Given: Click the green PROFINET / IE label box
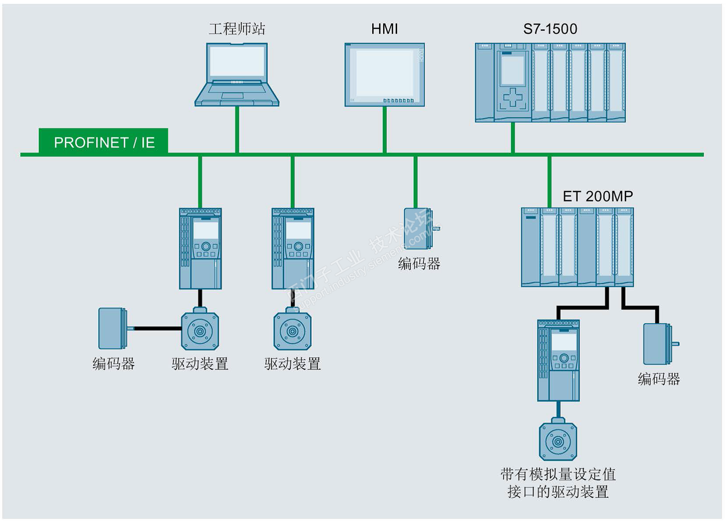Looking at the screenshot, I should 104,141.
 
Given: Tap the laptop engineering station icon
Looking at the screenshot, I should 237,74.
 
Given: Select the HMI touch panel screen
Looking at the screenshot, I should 384,74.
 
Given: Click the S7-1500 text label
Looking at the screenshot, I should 550,29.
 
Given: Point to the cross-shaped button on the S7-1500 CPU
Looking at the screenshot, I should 513,97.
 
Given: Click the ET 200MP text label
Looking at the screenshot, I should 597,196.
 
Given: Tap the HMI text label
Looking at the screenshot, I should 384,29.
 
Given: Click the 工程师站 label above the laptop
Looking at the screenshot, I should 237,29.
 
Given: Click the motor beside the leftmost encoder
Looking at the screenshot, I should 200,331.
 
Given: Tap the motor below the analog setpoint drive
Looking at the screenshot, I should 558,441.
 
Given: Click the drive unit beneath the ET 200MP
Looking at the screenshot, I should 558,360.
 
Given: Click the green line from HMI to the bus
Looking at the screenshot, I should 384,130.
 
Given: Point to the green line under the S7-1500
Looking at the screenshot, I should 513,137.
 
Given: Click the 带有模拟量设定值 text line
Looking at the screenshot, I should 558,474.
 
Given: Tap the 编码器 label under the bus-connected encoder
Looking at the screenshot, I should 419,264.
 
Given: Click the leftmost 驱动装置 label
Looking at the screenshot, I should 200,364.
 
